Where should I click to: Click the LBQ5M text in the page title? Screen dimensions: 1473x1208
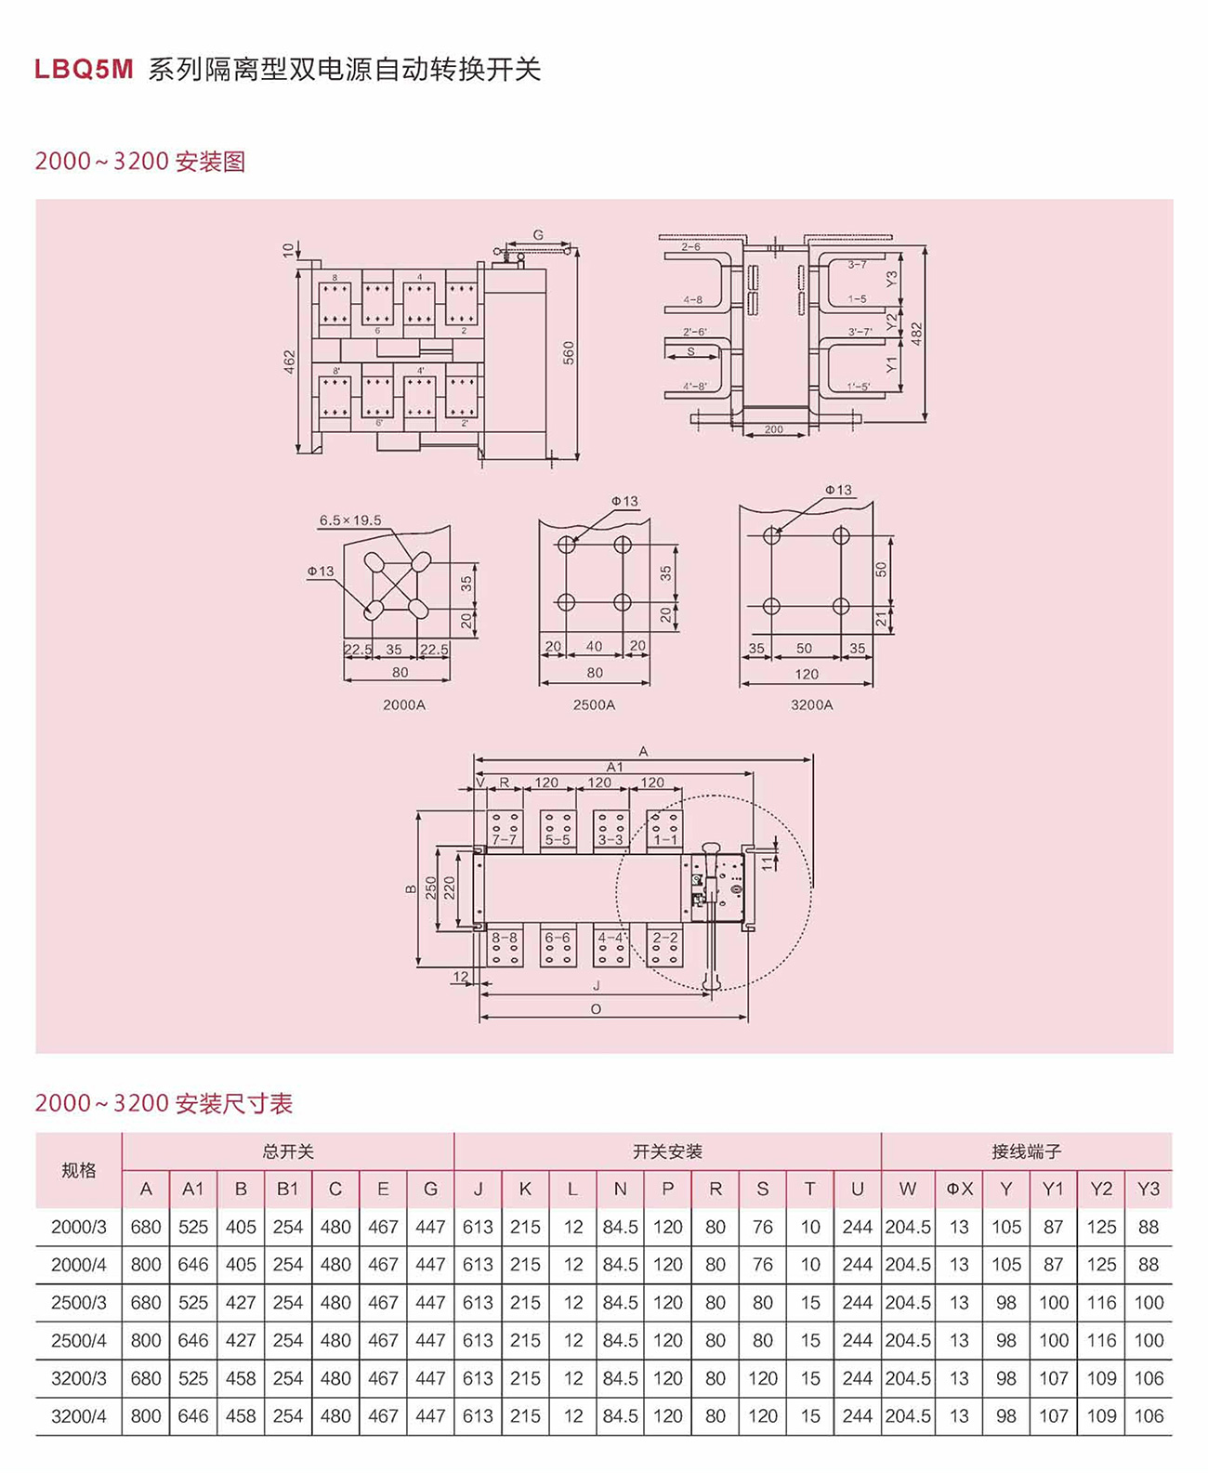85,70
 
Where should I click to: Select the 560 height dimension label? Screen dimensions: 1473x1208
569,353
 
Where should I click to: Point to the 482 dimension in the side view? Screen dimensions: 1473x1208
916,335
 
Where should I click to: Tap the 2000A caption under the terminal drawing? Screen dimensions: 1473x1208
403,704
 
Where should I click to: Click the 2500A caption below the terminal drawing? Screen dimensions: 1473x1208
594,704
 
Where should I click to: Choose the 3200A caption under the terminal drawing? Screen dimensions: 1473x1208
811,704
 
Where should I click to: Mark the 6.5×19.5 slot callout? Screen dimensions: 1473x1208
350,520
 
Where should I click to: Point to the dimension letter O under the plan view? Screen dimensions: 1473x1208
596,1009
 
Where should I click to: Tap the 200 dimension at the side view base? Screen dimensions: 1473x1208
773,429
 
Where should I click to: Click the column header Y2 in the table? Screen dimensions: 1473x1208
1101,1189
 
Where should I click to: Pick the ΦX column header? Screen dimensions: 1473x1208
959,1189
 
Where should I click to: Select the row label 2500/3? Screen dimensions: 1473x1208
79,1303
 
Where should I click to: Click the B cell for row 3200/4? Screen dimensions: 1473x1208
241,1416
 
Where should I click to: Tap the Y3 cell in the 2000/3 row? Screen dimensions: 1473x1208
1149,1227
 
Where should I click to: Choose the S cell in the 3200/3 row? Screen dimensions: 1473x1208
763,1378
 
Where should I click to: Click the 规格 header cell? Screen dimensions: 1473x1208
79,1170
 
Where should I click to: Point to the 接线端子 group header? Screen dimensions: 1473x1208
1026,1151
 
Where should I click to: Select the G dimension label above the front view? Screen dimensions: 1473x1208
538,235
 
